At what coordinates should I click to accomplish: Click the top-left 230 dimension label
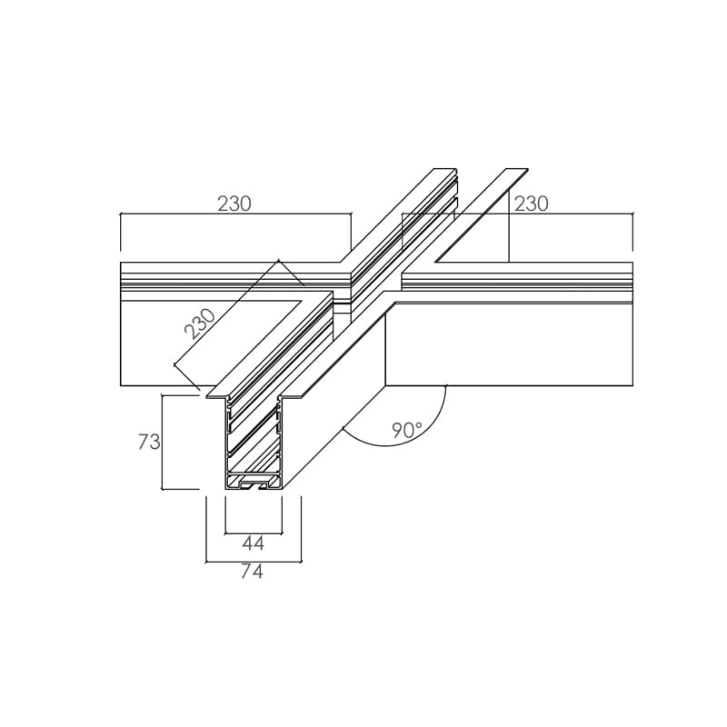pos(234,204)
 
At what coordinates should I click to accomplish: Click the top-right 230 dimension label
pos(532,204)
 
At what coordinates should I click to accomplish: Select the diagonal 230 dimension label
pos(200,324)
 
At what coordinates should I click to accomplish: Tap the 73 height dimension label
pos(149,442)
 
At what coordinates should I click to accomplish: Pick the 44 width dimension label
pos(254,543)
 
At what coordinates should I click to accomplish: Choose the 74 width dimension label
pos(252,572)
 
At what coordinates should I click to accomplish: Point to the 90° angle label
pos(406,431)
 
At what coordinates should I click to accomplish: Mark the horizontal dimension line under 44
pos(254,533)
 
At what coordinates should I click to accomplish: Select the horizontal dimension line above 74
pos(254,562)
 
